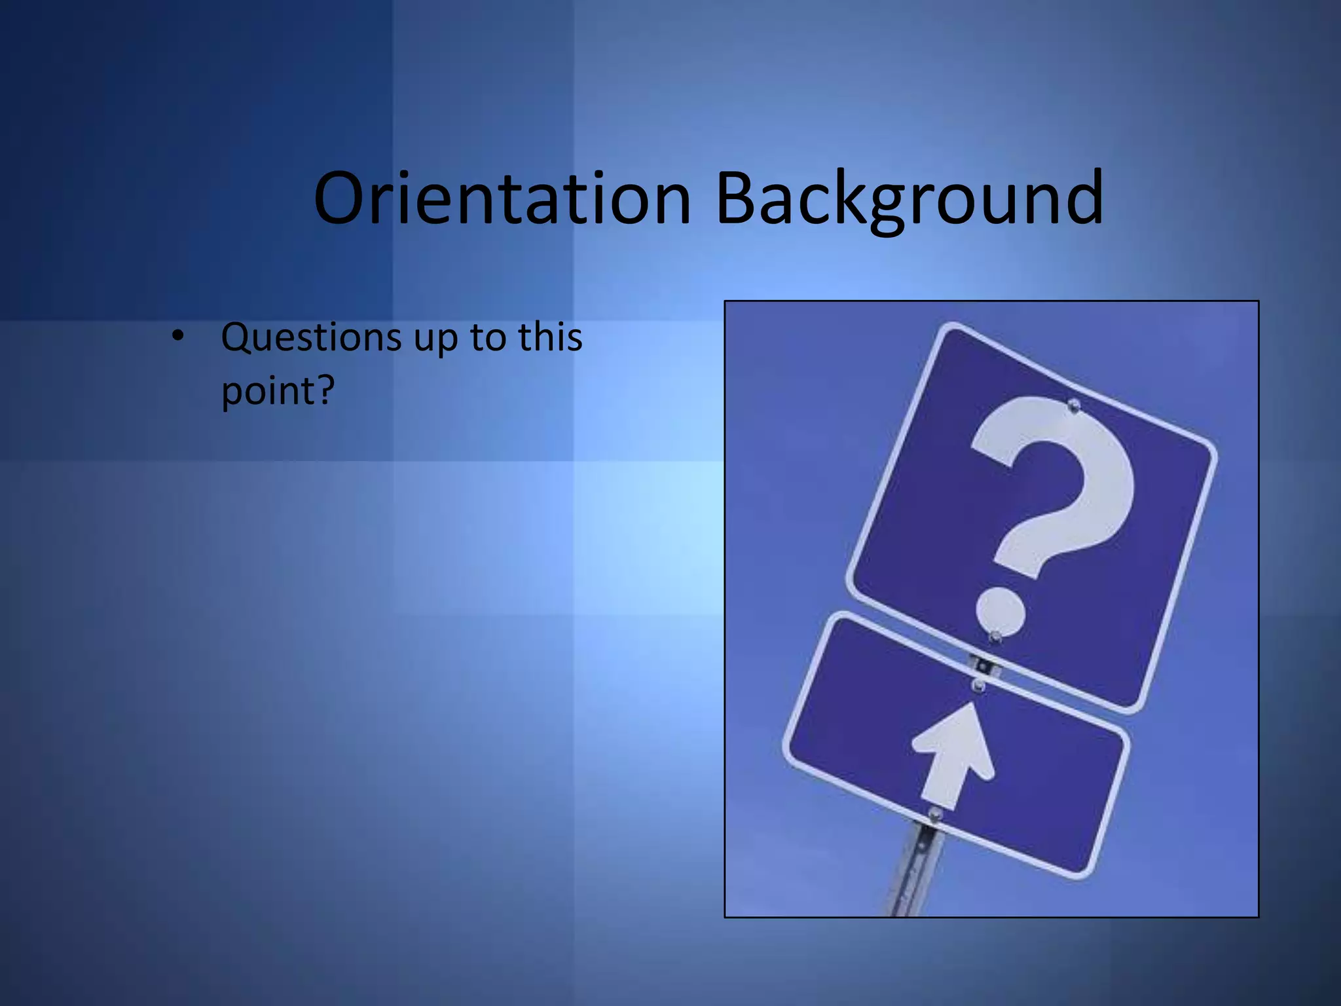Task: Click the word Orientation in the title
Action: pyautogui.click(x=502, y=198)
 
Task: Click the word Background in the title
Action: pyautogui.click(x=909, y=199)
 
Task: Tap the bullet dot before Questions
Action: pyautogui.click(x=177, y=337)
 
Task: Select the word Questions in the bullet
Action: pyautogui.click(x=311, y=338)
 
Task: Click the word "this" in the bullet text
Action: pyautogui.click(x=550, y=337)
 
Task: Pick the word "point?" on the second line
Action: pyautogui.click(x=278, y=392)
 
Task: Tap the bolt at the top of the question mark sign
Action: pyautogui.click(x=1073, y=404)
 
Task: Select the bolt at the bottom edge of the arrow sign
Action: pyautogui.click(x=935, y=814)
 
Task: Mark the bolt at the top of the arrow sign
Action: pyautogui.click(x=978, y=685)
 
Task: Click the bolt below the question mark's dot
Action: pyautogui.click(x=995, y=637)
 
